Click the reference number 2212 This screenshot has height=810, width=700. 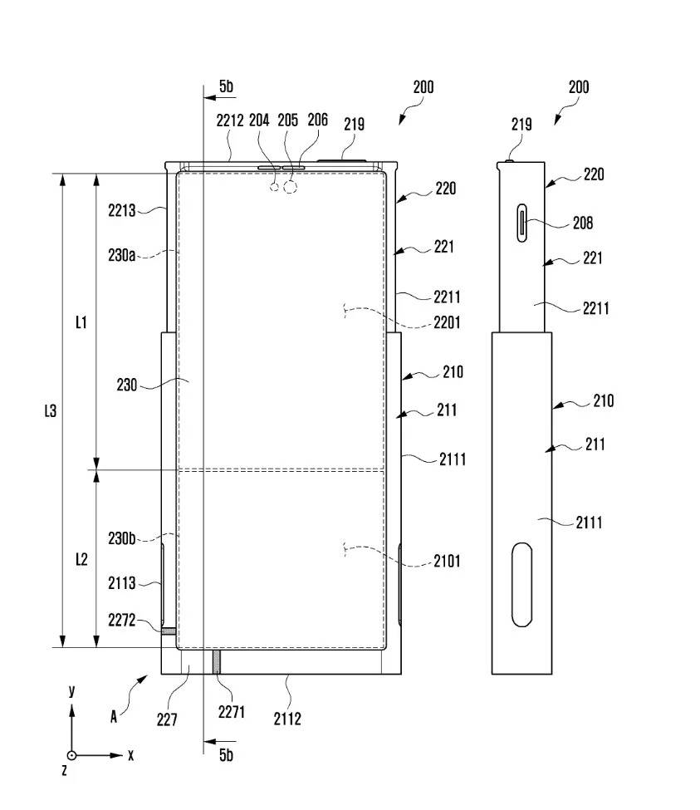pyautogui.click(x=229, y=120)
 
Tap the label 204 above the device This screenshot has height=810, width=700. pyautogui.click(x=259, y=120)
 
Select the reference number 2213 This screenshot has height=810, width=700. pyautogui.click(x=121, y=210)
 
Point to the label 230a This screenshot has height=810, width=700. pyautogui.click(x=121, y=256)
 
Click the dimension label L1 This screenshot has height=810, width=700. pyautogui.click(x=81, y=322)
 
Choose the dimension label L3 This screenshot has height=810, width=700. pyautogui.click(x=50, y=410)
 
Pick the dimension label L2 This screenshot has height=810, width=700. pyautogui.click(x=81, y=559)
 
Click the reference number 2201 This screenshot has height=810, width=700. pyautogui.click(x=447, y=323)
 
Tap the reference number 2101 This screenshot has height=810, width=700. pyautogui.click(x=447, y=561)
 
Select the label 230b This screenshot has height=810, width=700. pyautogui.click(x=121, y=538)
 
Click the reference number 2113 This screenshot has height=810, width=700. pyautogui.click(x=121, y=583)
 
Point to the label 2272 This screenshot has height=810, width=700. pyautogui.click(x=121, y=620)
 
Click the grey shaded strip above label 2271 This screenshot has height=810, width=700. pyautogui.click(x=218, y=661)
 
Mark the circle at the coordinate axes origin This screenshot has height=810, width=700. pyautogui.click(x=72, y=755)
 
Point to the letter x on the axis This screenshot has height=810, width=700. pyautogui.click(x=130, y=755)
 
